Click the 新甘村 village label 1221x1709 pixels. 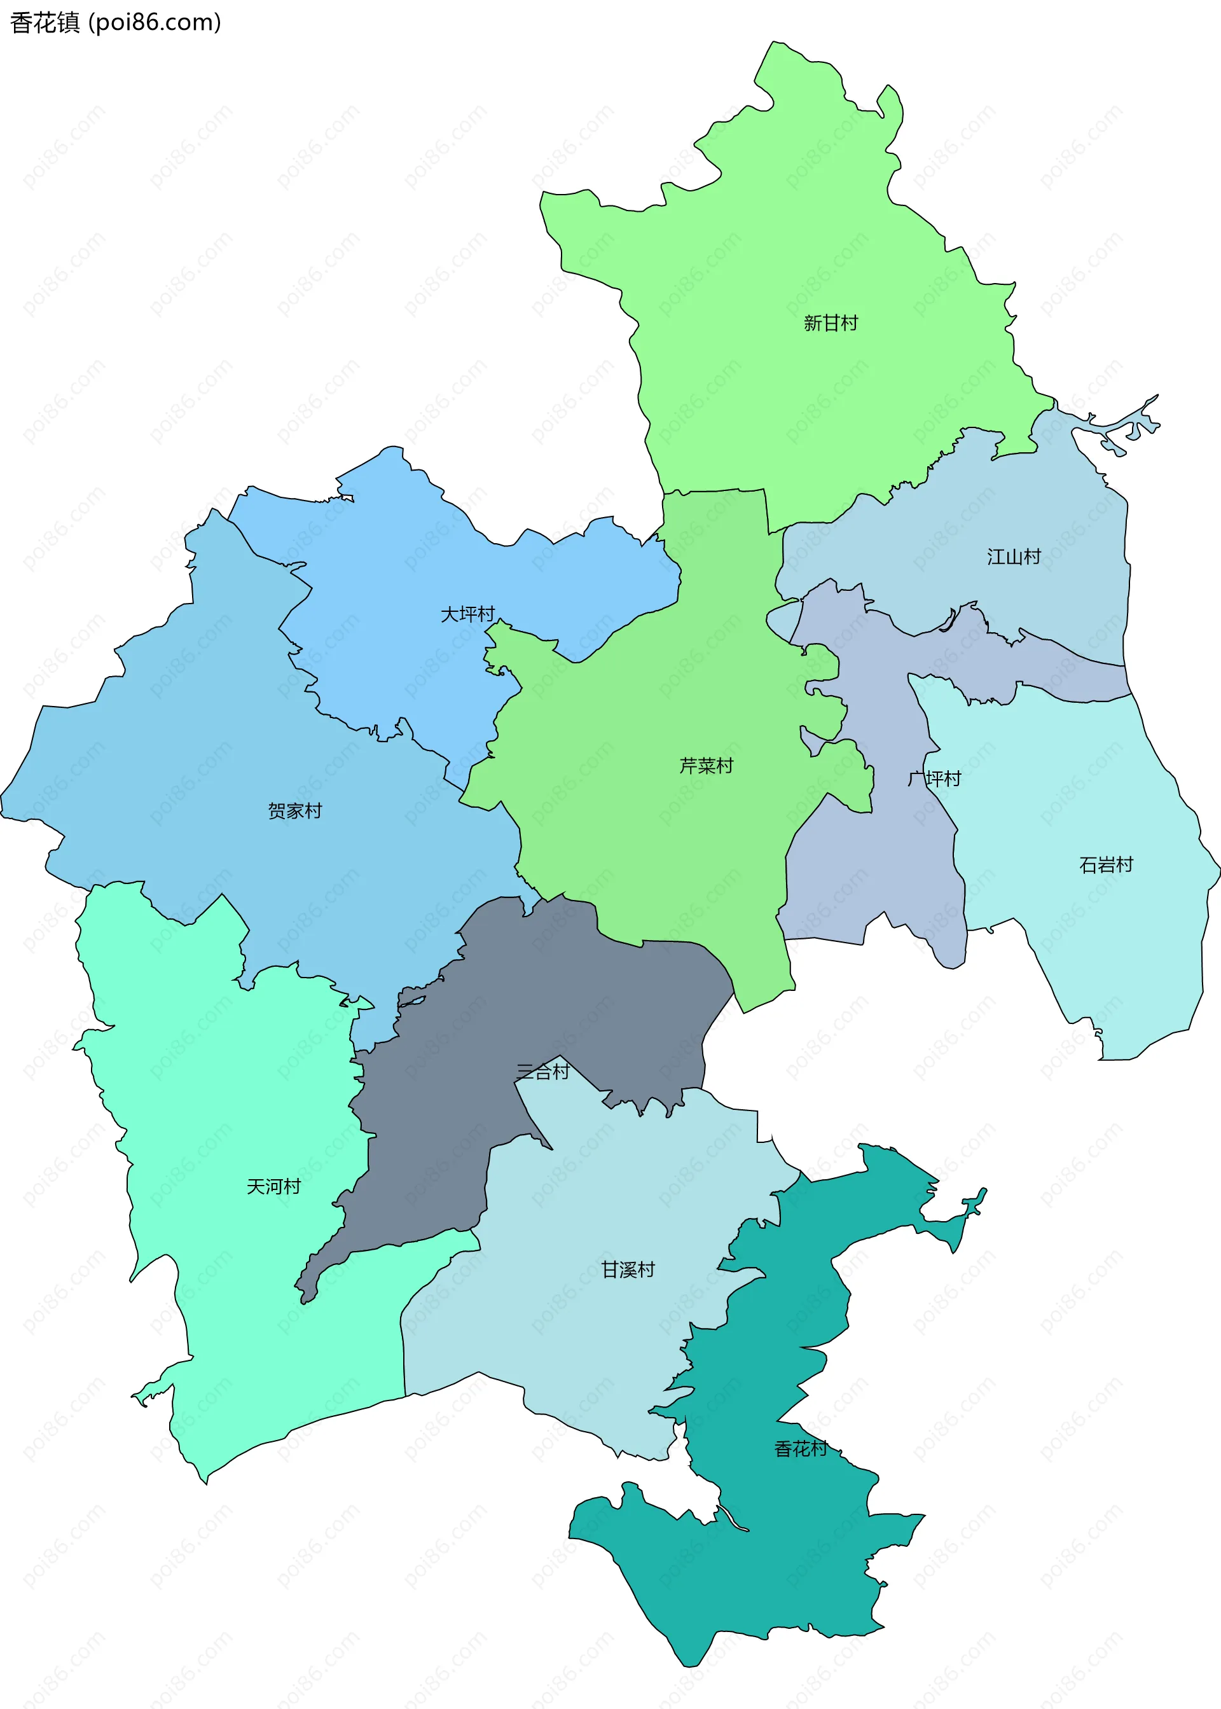click(x=830, y=323)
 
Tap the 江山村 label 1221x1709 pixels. click(x=1014, y=557)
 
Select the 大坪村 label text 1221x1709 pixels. click(x=467, y=614)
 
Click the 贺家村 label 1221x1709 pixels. click(x=294, y=810)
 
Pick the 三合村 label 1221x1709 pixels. click(x=543, y=1072)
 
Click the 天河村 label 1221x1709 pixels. click(x=273, y=1186)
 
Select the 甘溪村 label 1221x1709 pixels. click(x=628, y=1270)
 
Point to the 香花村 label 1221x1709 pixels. click(x=801, y=1449)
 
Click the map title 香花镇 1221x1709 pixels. click(x=45, y=22)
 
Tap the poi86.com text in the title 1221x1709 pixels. click(x=155, y=22)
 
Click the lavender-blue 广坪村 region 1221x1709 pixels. click(x=872, y=872)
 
